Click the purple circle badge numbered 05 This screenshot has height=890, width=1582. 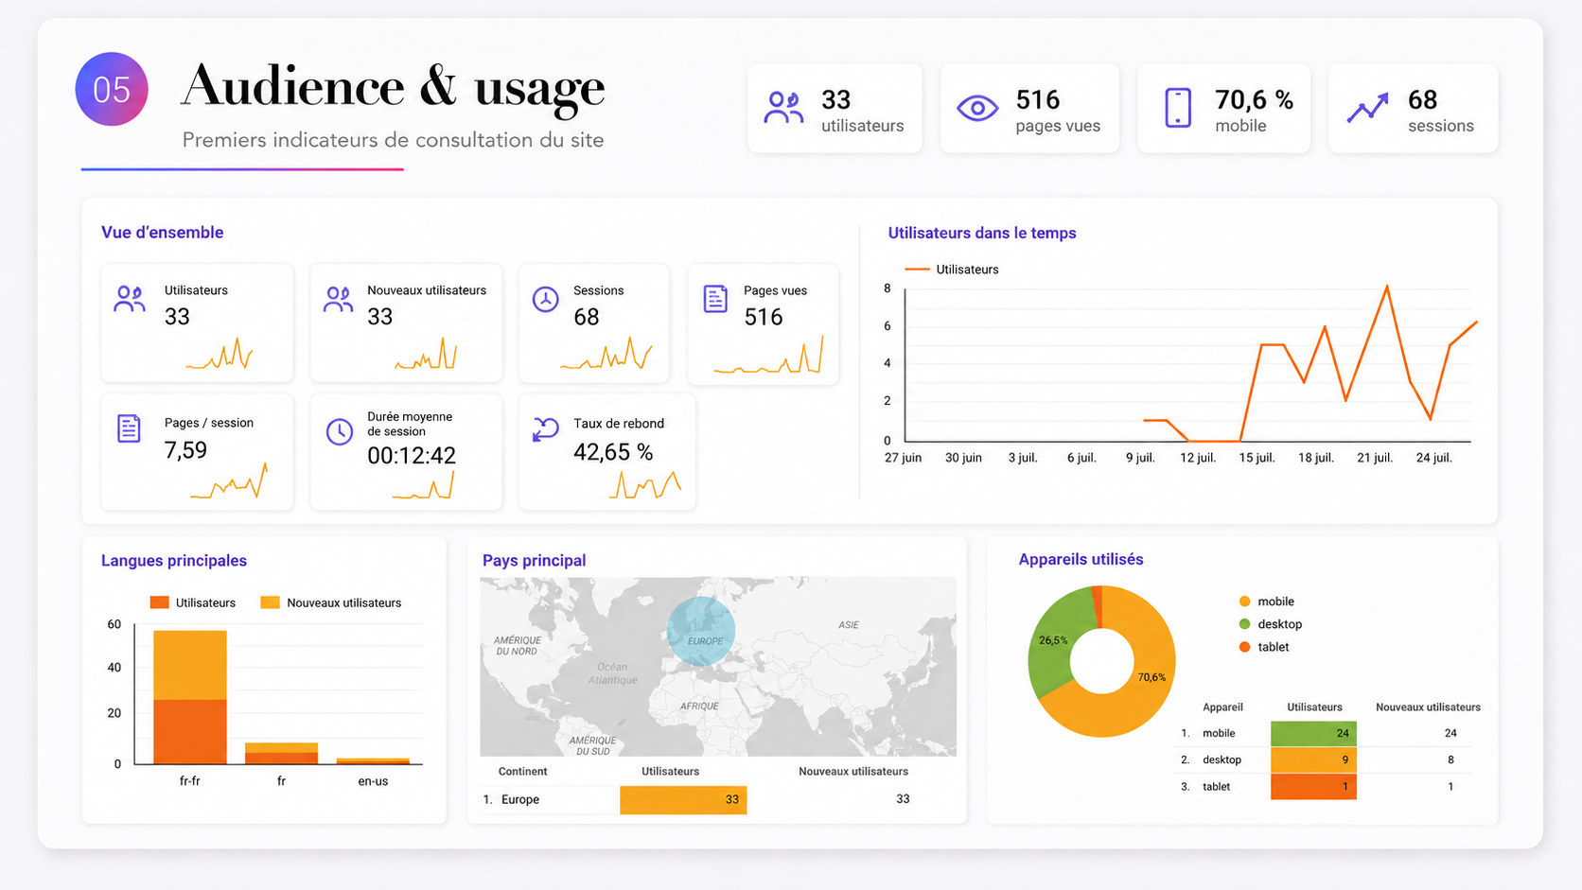coord(112,89)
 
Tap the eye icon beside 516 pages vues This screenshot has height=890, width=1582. coord(977,108)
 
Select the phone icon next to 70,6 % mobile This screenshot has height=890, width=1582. coord(1177,108)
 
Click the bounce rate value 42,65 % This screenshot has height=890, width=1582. coord(613,452)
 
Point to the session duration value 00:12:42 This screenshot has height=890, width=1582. coord(411,456)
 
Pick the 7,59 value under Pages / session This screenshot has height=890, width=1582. coord(185,449)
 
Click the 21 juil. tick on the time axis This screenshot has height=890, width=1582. coord(1375,458)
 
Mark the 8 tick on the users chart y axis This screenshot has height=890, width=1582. coord(888,288)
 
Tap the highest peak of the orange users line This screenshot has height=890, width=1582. coord(1387,286)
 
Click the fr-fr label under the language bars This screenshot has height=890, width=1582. coord(189,780)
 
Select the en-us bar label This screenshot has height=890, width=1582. coord(372,780)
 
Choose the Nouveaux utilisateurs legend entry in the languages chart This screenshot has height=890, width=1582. coord(330,602)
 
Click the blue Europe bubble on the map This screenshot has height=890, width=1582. coord(700,631)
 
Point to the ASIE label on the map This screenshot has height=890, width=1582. coord(848,624)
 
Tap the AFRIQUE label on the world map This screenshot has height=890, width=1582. coord(699,706)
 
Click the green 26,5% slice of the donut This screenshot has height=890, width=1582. coord(1054,646)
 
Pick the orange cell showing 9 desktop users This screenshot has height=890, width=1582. coord(1313,759)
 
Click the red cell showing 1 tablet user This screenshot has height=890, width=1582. coord(1313,786)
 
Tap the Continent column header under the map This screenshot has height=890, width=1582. coord(522,771)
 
